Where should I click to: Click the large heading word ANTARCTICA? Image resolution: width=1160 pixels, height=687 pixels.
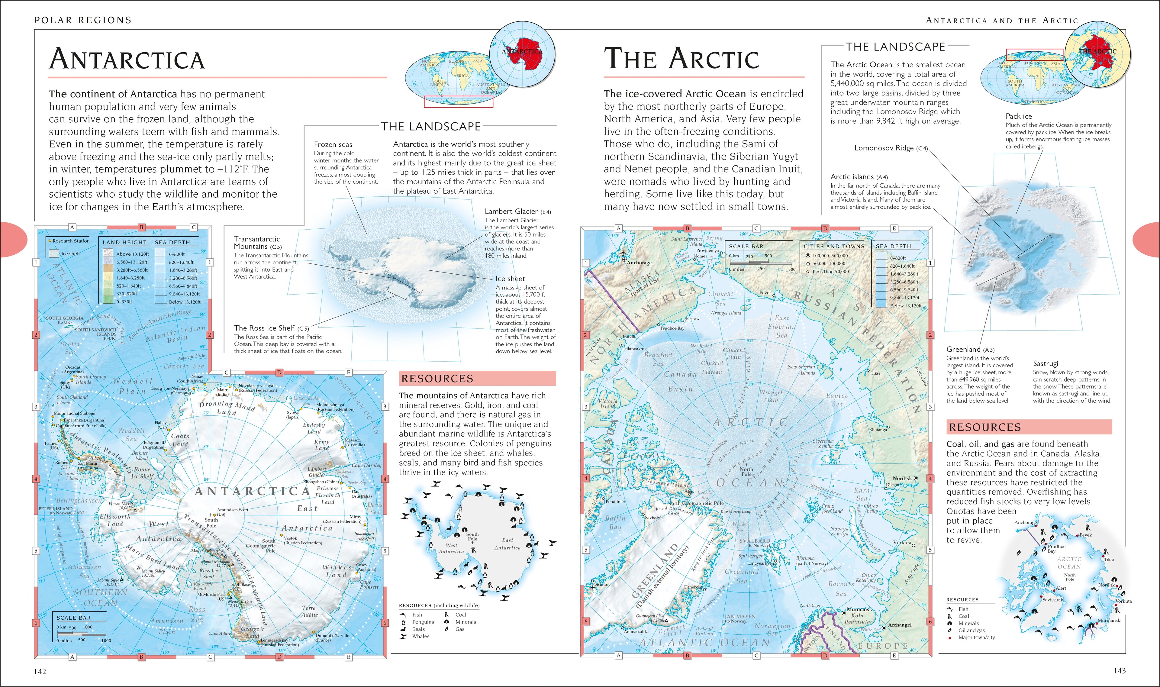pyautogui.click(x=127, y=59)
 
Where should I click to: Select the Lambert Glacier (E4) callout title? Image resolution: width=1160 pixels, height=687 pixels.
pyautogui.click(x=517, y=211)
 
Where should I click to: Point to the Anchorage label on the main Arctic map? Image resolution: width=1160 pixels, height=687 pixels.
pyautogui.click(x=639, y=263)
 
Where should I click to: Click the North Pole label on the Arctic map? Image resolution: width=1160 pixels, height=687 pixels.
pyautogui.click(x=746, y=471)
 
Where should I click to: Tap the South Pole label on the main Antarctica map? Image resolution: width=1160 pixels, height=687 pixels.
pyautogui.click(x=211, y=523)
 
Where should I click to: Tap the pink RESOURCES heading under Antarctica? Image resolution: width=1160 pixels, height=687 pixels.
pyautogui.click(x=437, y=379)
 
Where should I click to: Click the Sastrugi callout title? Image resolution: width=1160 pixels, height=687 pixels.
pyautogui.click(x=1045, y=363)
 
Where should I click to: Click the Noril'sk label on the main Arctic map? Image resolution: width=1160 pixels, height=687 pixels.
pyautogui.click(x=902, y=478)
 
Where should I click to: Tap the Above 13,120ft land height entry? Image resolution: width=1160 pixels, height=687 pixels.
pyautogui.click(x=132, y=254)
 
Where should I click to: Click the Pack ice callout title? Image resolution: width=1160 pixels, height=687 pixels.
pyautogui.click(x=1018, y=116)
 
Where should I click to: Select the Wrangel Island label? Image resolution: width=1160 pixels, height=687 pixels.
pyautogui.click(x=725, y=313)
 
